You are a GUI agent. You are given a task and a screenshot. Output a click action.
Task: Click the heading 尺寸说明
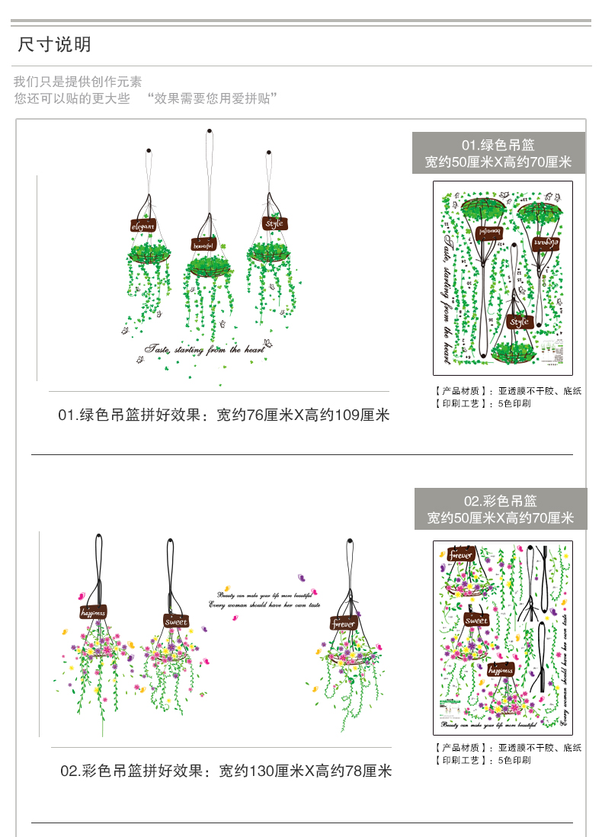click(54, 44)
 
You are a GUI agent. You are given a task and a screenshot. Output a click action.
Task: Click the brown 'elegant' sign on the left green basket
click(142, 226)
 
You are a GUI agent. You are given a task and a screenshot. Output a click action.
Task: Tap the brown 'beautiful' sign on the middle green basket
click(203, 245)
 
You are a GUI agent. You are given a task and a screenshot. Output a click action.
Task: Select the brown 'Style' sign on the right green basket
click(274, 223)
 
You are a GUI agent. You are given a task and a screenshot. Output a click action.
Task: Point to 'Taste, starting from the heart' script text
click(204, 349)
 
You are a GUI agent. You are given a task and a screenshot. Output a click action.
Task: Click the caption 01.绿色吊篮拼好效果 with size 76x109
click(223, 415)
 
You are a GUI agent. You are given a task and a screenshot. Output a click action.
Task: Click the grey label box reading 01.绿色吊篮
click(498, 152)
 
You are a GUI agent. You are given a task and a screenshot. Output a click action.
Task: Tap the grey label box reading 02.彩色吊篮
click(501, 509)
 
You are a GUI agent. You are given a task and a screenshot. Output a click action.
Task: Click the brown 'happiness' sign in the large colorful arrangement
click(93, 611)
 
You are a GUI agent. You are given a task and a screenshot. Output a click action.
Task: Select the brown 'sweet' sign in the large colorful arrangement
click(175, 621)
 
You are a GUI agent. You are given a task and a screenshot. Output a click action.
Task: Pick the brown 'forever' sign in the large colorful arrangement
click(344, 624)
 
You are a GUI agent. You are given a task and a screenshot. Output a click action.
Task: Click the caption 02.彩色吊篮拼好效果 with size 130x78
click(226, 771)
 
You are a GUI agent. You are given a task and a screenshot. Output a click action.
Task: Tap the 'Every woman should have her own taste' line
click(264, 604)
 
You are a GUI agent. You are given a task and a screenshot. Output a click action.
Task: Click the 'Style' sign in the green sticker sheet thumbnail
click(519, 322)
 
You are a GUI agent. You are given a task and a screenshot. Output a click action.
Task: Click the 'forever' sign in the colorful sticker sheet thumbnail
click(461, 554)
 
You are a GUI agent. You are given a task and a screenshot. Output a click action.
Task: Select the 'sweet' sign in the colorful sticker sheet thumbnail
click(476, 620)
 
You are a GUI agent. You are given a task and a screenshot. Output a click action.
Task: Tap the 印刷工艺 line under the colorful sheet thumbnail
click(483, 760)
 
